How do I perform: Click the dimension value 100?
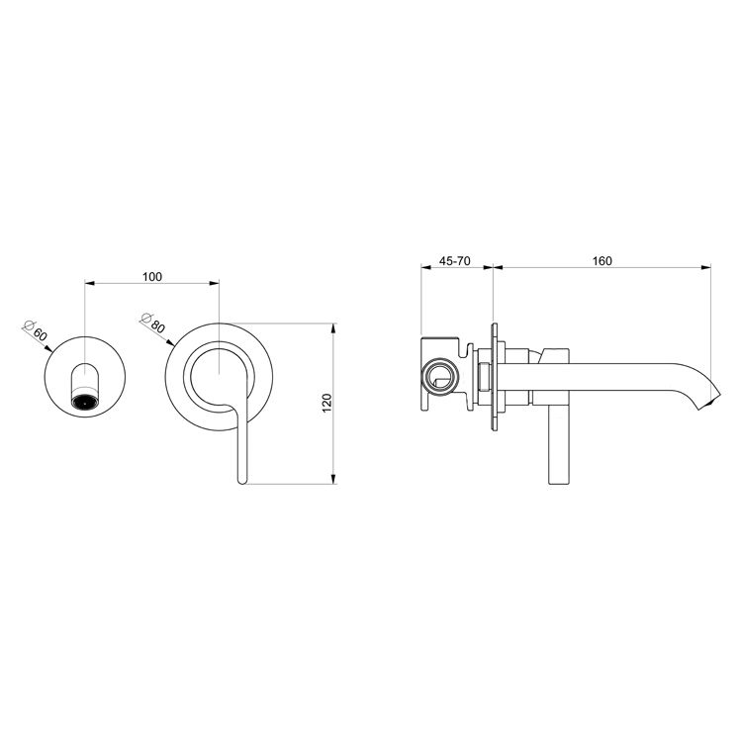(x=151, y=276)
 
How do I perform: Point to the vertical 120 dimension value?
(x=326, y=403)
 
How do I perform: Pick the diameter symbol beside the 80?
(x=146, y=318)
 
